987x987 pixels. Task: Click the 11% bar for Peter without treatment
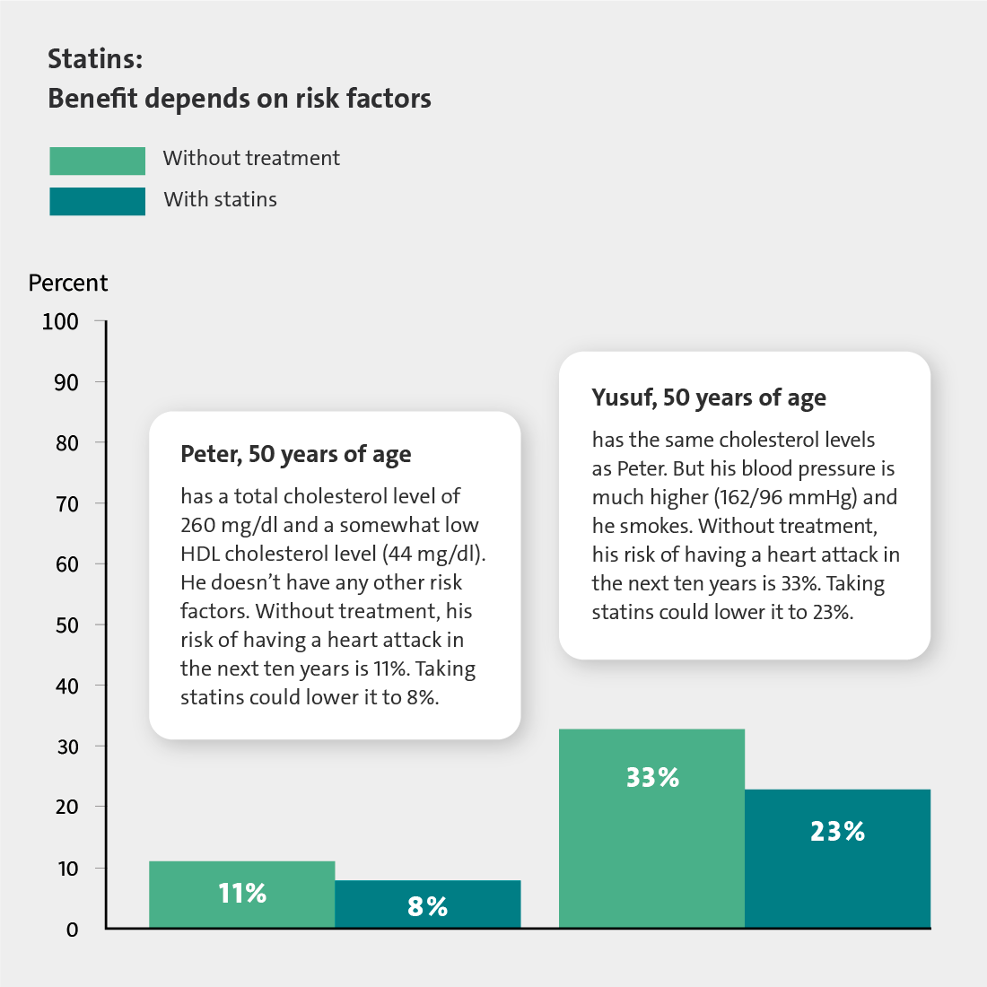tap(241, 894)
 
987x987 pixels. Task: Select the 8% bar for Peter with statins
tap(427, 904)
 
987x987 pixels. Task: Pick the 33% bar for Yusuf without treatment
tap(651, 828)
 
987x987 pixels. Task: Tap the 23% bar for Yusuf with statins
tap(837, 858)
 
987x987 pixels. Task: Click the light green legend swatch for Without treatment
tap(98, 161)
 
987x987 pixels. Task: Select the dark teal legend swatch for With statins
tap(98, 201)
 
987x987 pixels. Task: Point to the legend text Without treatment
tap(251, 158)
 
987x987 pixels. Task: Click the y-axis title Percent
tap(68, 283)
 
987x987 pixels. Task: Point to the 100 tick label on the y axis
tap(60, 321)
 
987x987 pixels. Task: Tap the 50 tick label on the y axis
tap(66, 625)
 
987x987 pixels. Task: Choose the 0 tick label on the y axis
tap(73, 930)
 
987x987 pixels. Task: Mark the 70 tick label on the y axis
tap(66, 504)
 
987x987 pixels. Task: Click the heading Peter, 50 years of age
tap(296, 455)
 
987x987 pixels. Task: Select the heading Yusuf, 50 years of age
tap(709, 397)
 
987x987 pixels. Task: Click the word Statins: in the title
tap(96, 59)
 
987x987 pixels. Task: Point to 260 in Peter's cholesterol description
tap(198, 525)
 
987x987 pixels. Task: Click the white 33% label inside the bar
tap(652, 777)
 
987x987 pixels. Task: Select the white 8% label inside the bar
tap(427, 906)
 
